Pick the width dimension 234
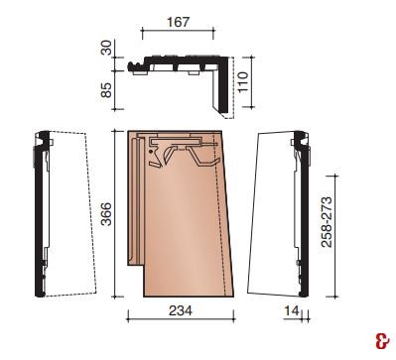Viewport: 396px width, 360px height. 181,310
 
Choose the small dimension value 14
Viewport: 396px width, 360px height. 290,310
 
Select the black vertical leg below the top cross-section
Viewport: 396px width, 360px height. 224,89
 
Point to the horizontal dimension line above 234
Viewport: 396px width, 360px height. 181,319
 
